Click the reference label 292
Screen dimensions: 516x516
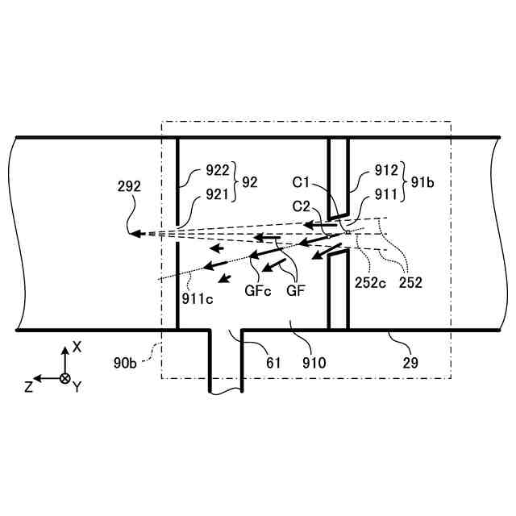pos(129,185)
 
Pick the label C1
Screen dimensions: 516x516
pos(302,184)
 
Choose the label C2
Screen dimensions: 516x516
pos(302,206)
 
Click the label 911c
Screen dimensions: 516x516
pos(198,298)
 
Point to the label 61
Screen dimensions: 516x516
pos(273,363)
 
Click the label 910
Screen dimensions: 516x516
pos(314,363)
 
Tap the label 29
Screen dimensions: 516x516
pos(410,363)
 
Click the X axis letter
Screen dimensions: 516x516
pos(77,347)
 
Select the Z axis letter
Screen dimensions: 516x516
pos(29,386)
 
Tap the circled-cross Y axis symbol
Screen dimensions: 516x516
pos(64,378)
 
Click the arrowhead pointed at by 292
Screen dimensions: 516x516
pos(134,234)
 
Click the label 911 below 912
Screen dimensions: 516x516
pos(388,193)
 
